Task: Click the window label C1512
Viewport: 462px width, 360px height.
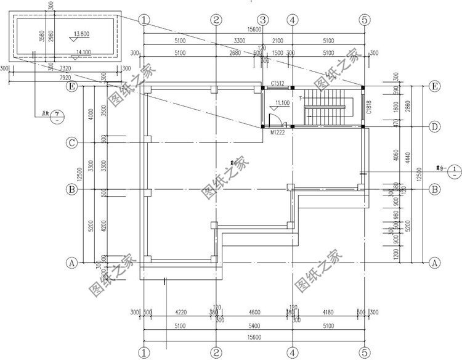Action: click(277, 84)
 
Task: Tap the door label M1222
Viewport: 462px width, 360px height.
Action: click(277, 131)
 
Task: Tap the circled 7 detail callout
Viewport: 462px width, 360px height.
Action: click(56, 115)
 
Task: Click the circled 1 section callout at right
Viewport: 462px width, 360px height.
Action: click(453, 168)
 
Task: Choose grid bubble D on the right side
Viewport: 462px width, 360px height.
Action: click(434, 127)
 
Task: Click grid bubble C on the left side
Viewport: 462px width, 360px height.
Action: click(72, 144)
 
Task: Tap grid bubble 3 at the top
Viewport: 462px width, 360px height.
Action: click(262, 19)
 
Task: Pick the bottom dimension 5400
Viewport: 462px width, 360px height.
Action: click(254, 326)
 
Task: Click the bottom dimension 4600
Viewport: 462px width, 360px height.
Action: click(254, 312)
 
